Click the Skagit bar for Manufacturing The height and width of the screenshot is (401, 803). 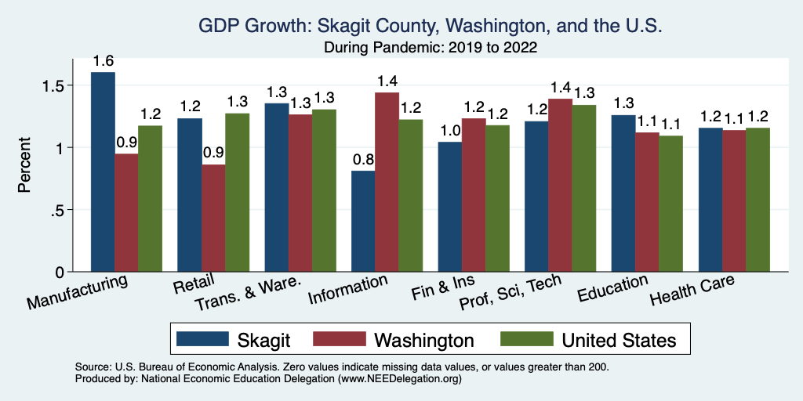103,172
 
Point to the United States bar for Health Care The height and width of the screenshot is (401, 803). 758,200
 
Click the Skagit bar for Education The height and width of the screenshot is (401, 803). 623,193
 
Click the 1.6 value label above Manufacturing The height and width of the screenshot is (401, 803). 103,61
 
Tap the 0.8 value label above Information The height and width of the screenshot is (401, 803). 363,161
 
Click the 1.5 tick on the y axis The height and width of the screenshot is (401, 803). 61,85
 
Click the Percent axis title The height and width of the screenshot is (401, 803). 26,166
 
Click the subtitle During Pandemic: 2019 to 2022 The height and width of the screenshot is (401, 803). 430,48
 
